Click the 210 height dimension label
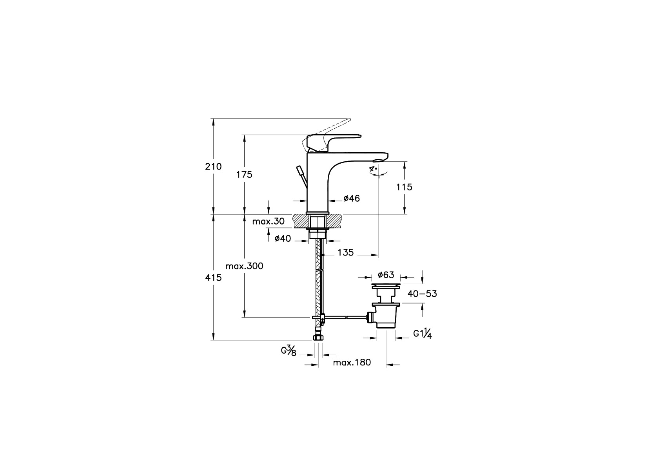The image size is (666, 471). [214, 166]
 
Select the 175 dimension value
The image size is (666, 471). [245, 175]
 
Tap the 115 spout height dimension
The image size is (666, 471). [405, 187]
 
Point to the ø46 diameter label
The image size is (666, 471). [352, 199]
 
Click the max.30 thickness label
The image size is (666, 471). [269, 221]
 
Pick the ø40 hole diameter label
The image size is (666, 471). [283, 238]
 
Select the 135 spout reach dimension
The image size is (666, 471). [346, 252]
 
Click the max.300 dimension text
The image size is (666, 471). [245, 266]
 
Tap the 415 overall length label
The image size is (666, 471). [214, 278]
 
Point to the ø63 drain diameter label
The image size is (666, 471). [386, 275]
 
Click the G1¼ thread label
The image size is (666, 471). [423, 334]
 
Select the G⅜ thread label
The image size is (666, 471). [289, 350]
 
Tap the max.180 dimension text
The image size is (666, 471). [352, 362]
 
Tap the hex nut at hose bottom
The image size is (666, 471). [318, 338]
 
